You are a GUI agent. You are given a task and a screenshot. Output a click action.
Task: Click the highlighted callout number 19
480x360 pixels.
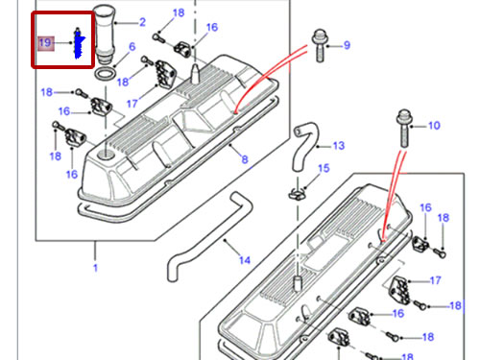pyautogui.click(x=45, y=42)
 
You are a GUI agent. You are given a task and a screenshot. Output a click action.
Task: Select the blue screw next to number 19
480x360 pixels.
pyautogui.click(x=79, y=43)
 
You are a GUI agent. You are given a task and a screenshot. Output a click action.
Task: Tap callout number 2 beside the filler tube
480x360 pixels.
pyautogui.click(x=142, y=22)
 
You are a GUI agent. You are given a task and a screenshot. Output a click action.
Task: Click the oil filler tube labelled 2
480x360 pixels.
pyautogui.click(x=105, y=32)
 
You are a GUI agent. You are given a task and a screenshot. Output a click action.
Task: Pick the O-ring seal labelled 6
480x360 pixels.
pyautogui.click(x=106, y=74)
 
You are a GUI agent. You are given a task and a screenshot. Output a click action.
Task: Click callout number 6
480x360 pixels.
pyautogui.click(x=132, y=47)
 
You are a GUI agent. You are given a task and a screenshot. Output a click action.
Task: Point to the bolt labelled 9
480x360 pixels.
pyautogui.click(x=320, y=45)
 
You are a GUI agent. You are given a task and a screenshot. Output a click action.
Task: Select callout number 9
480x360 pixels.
pyautogui.click(x=347, y=45)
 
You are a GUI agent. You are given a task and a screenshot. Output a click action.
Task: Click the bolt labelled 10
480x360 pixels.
pyautogui.click(x=404, y=128)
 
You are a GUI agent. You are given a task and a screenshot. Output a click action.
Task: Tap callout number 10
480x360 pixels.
pyautogui.click(x=434, y=126)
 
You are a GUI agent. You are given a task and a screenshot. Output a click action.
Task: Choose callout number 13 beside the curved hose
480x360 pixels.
pyautogui.click(x=339, y=146)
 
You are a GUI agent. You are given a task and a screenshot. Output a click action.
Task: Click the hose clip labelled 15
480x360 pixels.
pyautogui.click(x=298, y=194)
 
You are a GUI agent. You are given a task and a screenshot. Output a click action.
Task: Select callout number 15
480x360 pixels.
pyautogui.click(x=324, y=168)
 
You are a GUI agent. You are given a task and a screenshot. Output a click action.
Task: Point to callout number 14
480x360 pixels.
pyautogui.click(x=245, y=260)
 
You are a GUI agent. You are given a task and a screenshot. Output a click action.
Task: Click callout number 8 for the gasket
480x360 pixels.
pyautogui.click(x=245, y=159)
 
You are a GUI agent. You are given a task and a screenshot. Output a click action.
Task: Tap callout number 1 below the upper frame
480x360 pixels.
pyautogui.click(x=95, y=268)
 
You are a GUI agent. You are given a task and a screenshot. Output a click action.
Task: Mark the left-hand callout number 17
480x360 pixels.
pyautogui.click(x=132, y=104)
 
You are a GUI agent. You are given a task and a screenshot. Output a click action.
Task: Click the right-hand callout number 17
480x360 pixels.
pyautogui.click(x=435, y=280)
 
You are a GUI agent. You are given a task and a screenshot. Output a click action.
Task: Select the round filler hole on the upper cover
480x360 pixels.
pyautogui.click(x=106, y=154)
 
